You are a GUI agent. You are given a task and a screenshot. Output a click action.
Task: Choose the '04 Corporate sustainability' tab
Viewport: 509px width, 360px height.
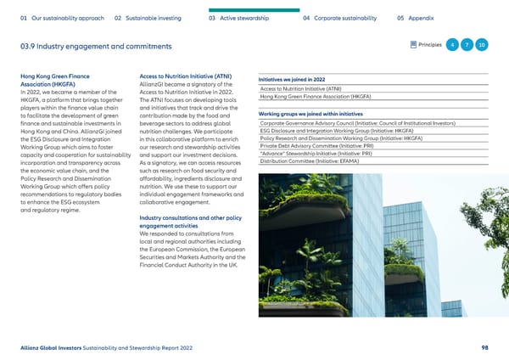click(x=344, y=17)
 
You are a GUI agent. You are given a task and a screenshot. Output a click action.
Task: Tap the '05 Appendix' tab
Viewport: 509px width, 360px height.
click(x=417, y=17)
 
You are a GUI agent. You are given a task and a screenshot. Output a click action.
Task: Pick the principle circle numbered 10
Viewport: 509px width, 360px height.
click(x=482, y=44)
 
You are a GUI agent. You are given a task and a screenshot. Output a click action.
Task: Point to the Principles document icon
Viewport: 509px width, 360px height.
click(x=412, y=44)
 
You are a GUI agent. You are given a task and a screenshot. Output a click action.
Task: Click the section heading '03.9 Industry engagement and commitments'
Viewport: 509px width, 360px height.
click(x=94, y=45)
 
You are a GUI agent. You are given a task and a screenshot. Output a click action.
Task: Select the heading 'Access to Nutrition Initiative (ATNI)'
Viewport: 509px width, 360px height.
click(x=185, y=76)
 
